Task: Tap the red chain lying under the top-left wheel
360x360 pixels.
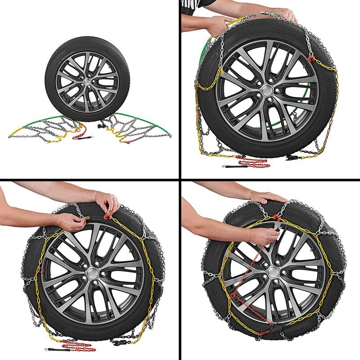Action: [x=80, y=131]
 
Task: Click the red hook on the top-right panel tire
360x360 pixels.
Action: [x=310, y=59]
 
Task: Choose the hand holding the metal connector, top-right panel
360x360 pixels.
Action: [x=283, y=13]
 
